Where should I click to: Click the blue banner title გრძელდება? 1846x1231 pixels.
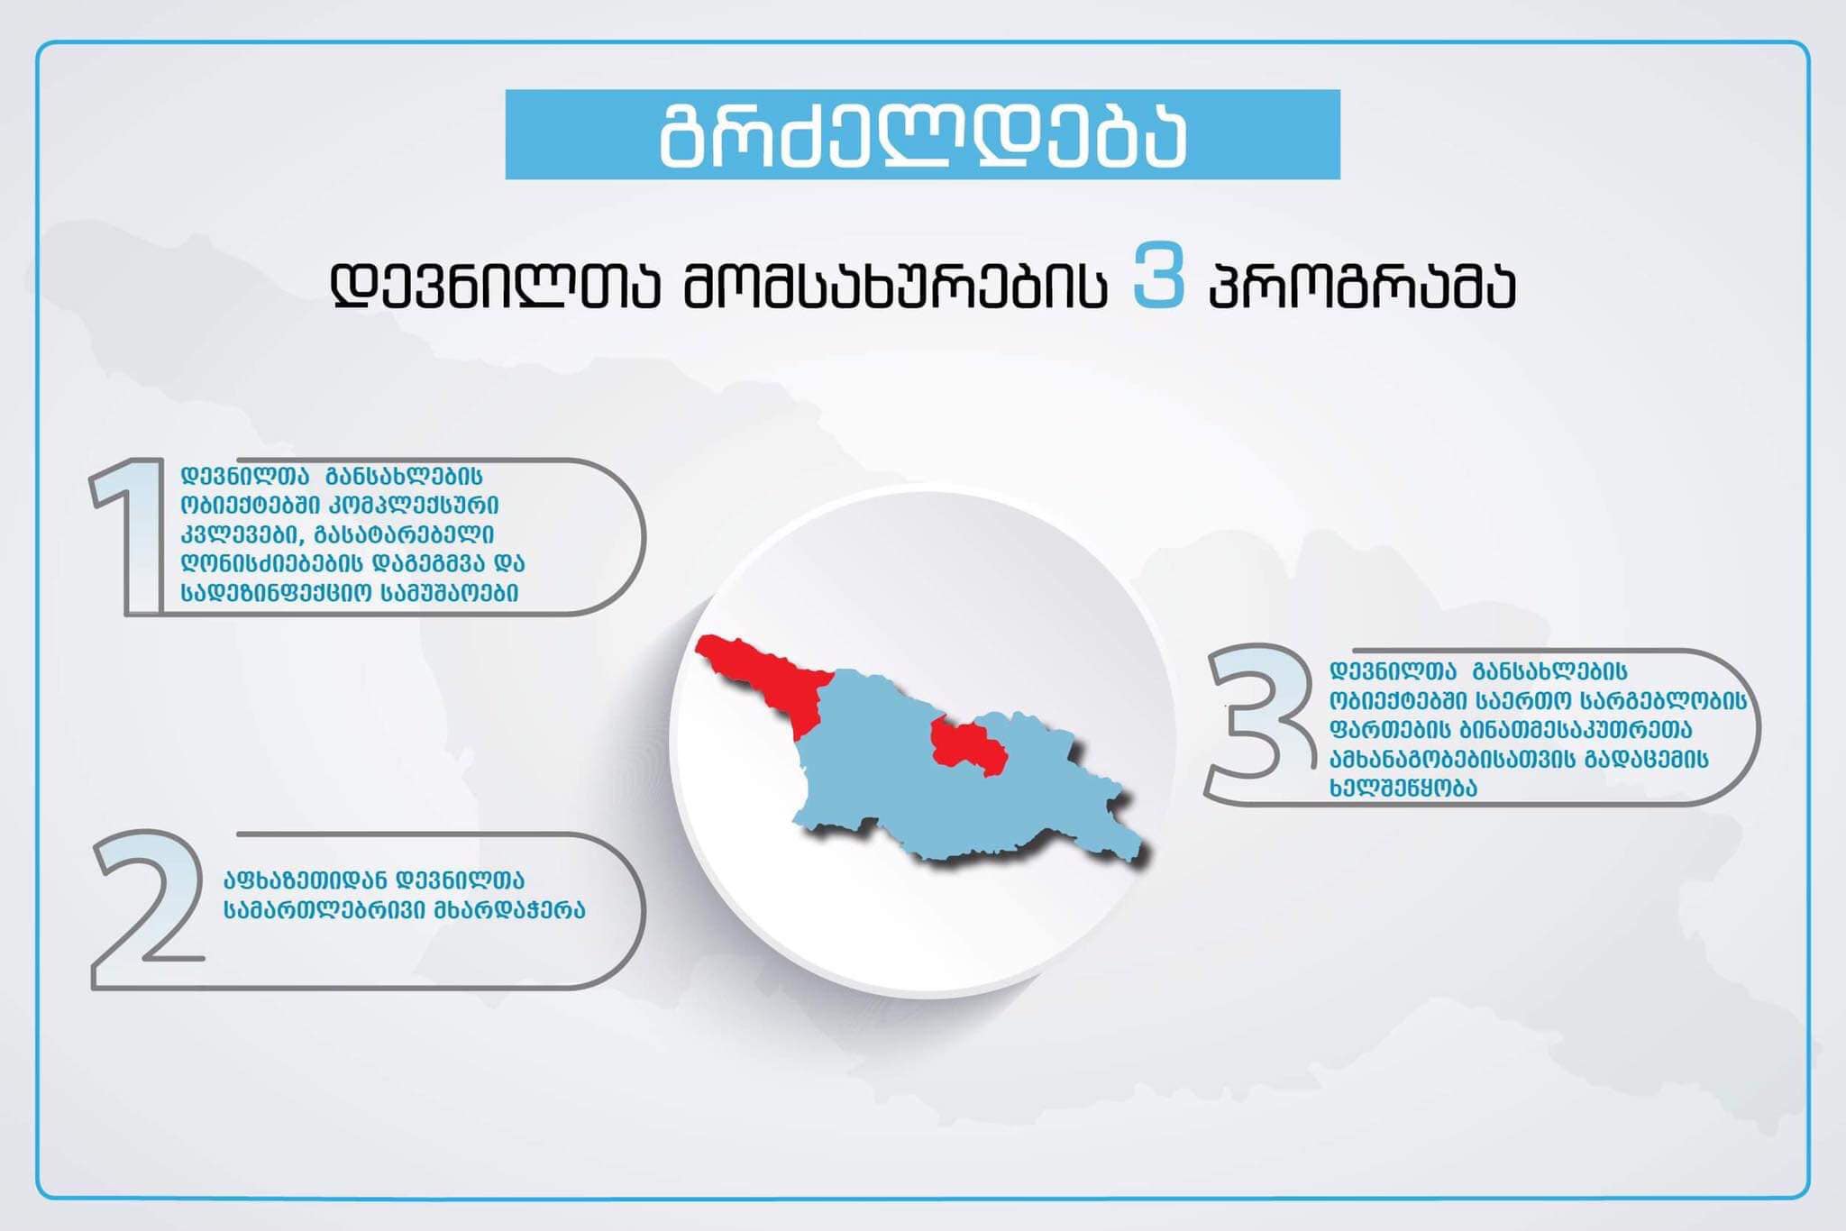922,135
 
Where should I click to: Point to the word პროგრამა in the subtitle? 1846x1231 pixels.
1362,285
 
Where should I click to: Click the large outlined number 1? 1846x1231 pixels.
128,537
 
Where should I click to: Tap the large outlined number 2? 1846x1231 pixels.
149,909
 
